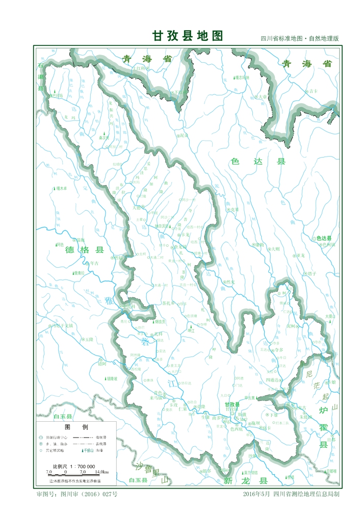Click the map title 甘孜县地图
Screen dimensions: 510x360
(x=188, y=36)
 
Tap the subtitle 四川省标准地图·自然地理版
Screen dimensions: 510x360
(x=299, y=39)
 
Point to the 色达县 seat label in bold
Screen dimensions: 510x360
(x=324, y=238)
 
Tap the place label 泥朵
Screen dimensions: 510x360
(x=185, y=136)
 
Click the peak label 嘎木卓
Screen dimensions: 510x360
(x=62, y=188)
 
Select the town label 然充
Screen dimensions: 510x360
(x=231, y=282)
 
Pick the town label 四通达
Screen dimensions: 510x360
(x=272, y=380)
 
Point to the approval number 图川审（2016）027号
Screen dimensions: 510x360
(x=84, y=494)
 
